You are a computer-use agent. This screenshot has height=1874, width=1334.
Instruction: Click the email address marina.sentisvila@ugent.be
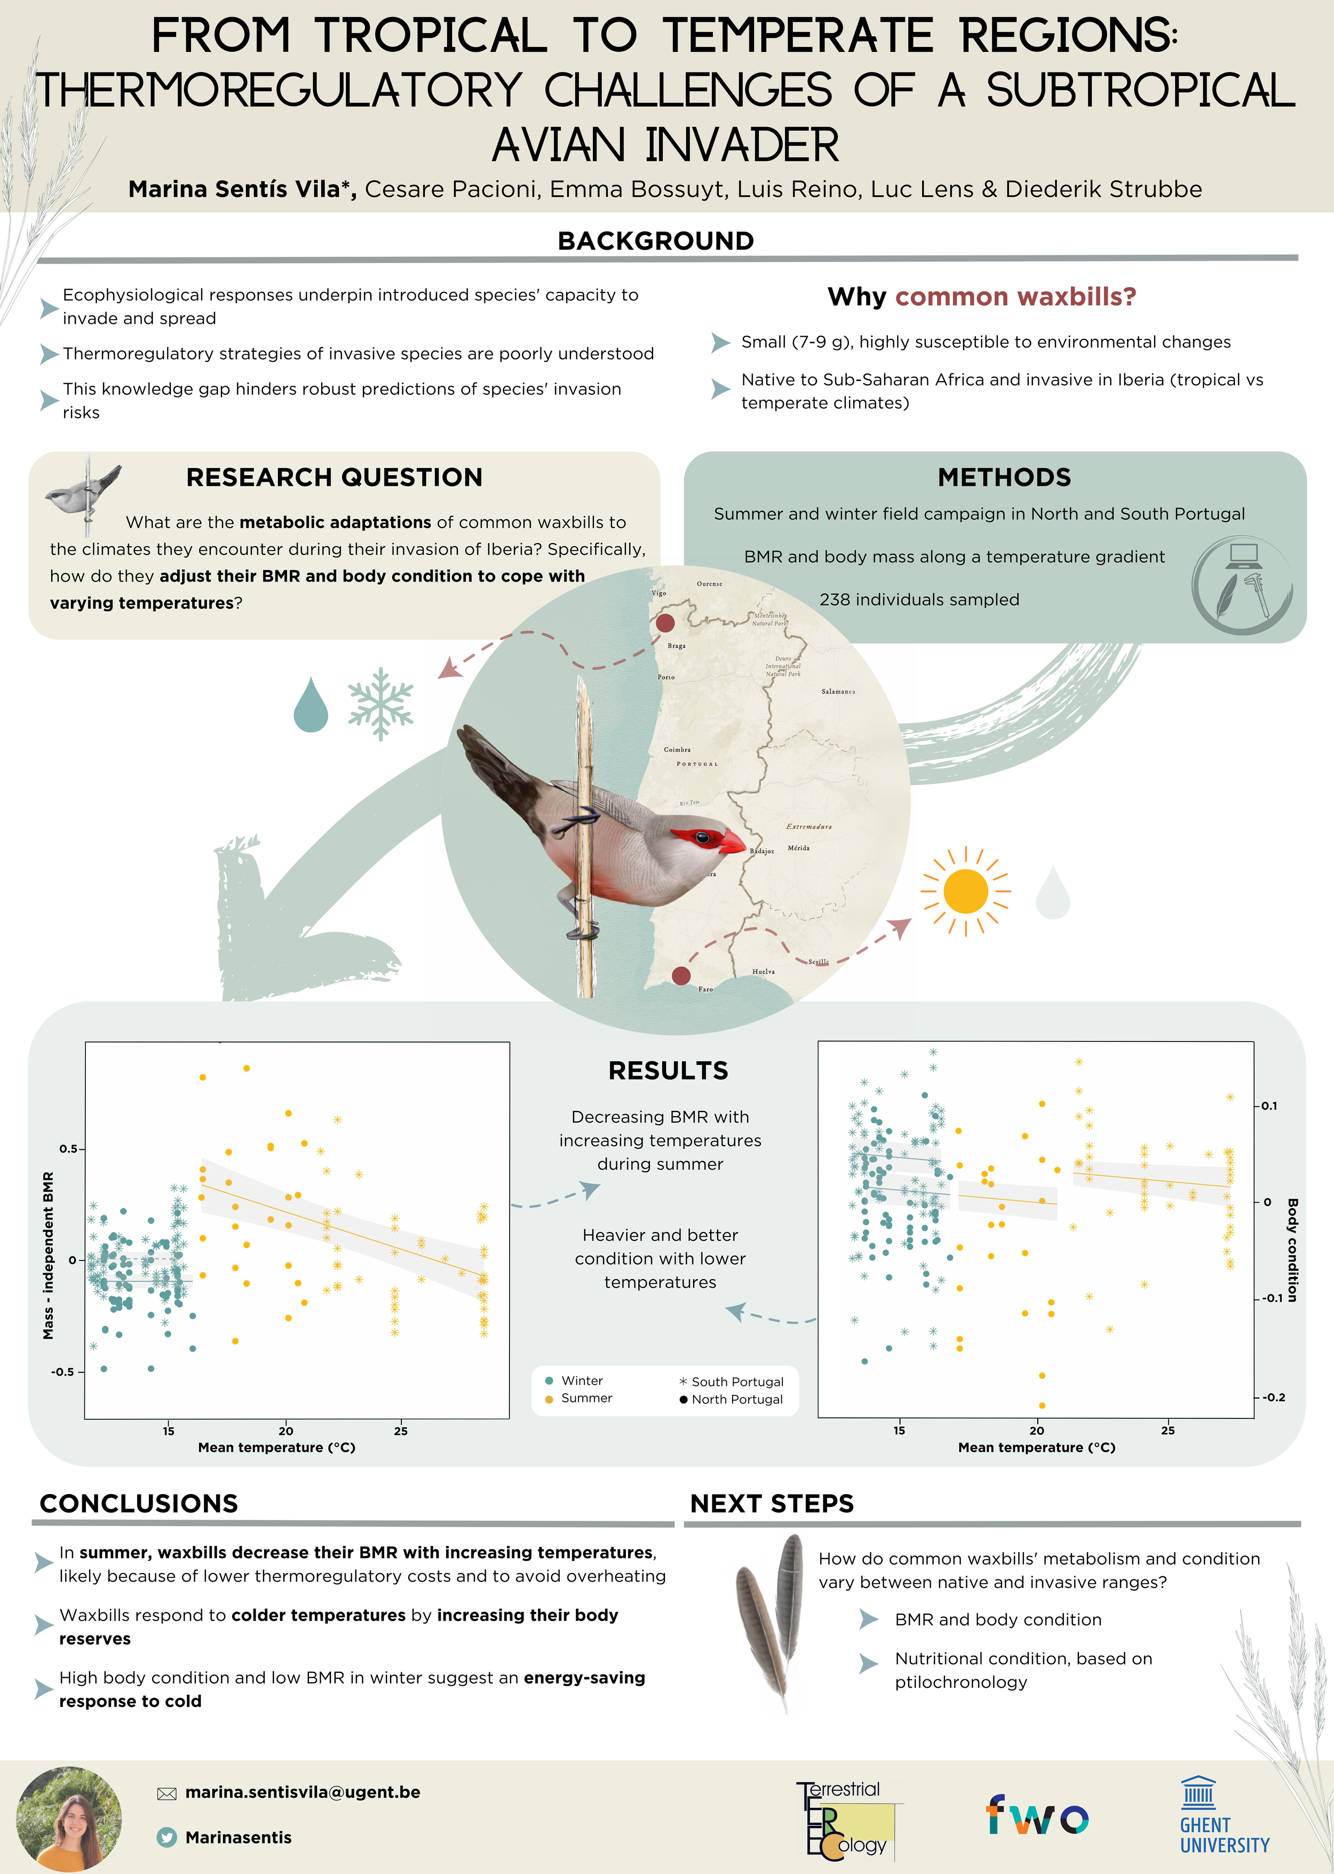pos(303,1792)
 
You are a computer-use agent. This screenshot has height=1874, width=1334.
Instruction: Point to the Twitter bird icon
pos(166,1837)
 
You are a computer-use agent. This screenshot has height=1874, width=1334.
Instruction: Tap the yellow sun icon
pos(965,891)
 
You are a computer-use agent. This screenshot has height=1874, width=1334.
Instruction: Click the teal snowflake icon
pos(380,704)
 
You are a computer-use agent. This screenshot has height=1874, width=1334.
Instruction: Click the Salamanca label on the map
pos(838,692)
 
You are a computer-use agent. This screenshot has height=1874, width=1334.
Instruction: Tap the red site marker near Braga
pos(665,623)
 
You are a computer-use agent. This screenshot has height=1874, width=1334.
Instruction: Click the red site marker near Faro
pos(681,975)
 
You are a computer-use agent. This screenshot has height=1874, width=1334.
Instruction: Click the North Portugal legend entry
pos(731,1399)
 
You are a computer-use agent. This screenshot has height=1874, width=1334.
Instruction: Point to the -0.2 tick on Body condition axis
pos(1272,1397)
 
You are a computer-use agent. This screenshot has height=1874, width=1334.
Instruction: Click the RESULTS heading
pos(668,1071)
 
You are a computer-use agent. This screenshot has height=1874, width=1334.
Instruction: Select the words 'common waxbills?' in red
pos(1015,297)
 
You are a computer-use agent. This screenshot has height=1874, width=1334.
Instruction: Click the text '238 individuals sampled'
pos(919,599)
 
